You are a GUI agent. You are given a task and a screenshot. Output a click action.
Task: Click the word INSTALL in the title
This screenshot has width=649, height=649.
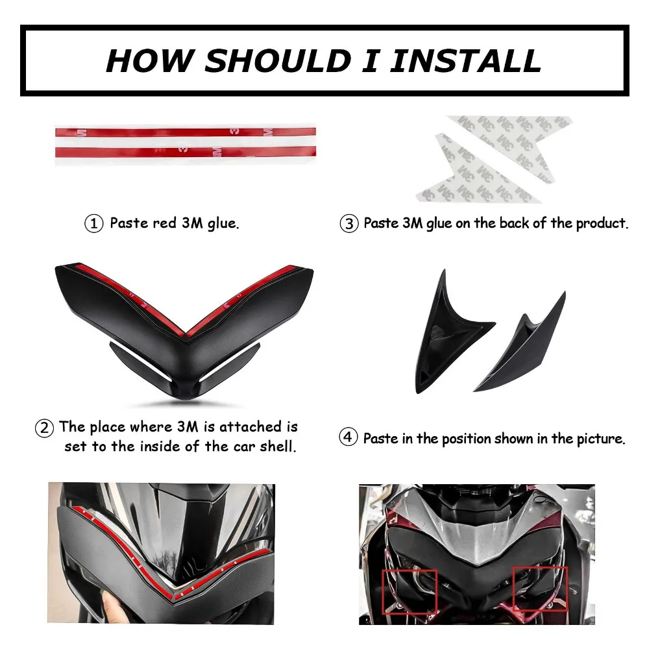[x=465, y=60]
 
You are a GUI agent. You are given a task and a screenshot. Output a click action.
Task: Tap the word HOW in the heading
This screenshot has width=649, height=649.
[x=151, y=60]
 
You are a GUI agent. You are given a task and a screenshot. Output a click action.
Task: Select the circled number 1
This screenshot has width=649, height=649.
[x=94, y=224]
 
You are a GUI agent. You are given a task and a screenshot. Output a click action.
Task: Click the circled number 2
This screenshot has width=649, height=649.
[x=45, y=428]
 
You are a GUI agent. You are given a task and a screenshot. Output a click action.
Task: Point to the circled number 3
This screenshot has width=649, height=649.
[x=349, y=224]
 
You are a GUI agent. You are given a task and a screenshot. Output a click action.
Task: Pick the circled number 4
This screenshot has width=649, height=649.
[x=348, y=437]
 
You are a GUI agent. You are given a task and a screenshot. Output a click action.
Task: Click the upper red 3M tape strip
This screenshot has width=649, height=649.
[x=186, y=132]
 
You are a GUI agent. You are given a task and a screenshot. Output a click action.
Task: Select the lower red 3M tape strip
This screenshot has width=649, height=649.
[x=186, y=152]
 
